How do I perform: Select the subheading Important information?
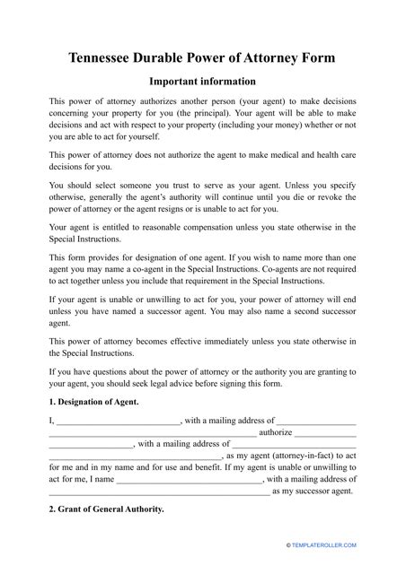[x=202, y=81]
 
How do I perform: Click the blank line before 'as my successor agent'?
[x=158, y=491]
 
